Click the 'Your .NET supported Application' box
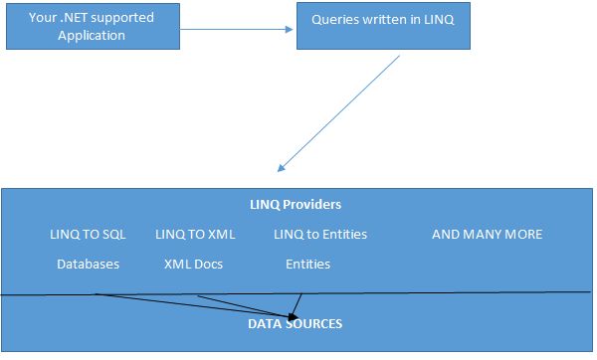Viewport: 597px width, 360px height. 91,25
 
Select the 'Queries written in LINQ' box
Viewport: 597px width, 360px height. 382,25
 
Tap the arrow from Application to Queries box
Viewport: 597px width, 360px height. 239,29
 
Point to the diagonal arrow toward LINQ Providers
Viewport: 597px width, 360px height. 338,112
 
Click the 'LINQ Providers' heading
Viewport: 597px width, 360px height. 296,205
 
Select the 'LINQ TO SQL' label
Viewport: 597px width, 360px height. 89,235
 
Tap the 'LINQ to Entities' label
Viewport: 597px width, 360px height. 320,235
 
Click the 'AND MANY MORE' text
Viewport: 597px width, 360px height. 488,235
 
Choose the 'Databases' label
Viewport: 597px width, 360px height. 89,265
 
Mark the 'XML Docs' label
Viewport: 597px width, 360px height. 194,265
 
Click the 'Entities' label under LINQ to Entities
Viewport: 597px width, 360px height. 308,265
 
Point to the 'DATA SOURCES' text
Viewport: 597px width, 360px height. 296,324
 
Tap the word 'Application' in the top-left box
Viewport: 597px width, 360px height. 92,36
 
